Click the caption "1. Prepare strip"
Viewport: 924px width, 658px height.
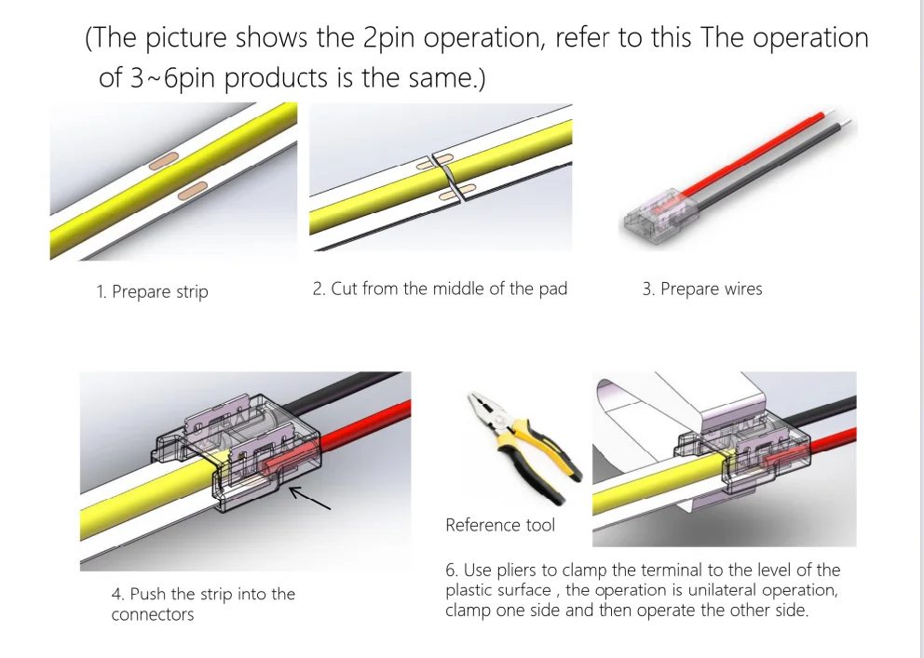click(x=152, y=291)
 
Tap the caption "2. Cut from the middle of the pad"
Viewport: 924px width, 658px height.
click(x=440, y=289)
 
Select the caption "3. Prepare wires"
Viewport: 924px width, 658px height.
click(x=701, y=289)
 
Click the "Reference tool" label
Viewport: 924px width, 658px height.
click(x=499, y=525)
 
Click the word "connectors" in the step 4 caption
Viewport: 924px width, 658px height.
click(x=153, y=614)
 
